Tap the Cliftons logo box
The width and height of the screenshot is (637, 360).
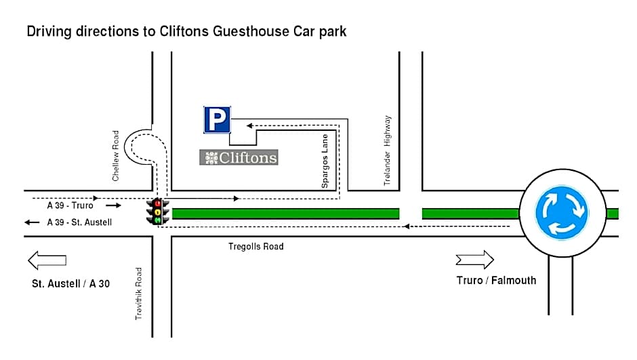239,157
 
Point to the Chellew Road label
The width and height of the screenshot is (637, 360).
116,155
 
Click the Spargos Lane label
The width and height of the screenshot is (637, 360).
325,161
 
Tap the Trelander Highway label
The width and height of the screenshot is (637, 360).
388,151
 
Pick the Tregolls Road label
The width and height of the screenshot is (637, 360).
255,246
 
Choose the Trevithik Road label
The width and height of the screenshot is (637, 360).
138,293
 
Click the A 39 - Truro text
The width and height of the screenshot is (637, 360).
70,205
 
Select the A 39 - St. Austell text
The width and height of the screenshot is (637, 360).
79,222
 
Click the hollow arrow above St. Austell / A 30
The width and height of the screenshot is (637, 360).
47,260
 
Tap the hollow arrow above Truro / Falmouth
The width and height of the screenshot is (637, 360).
475,258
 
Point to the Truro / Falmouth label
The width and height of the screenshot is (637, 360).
496,280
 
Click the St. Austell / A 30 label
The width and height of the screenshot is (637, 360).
70,283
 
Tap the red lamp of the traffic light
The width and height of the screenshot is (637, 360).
158,203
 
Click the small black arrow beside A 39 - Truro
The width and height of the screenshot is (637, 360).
114,205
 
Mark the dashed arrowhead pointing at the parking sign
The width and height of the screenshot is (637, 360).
249,125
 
